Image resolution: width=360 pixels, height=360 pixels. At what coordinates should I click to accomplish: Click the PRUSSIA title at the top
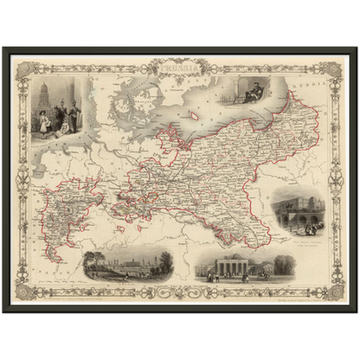coord(178,62)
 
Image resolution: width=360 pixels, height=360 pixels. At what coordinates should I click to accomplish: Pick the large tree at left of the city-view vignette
coord(93,262)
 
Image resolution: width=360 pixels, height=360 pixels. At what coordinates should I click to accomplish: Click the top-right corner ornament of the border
coord(336,67)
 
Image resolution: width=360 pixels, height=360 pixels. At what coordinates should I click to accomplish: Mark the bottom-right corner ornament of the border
coord(336,292)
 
